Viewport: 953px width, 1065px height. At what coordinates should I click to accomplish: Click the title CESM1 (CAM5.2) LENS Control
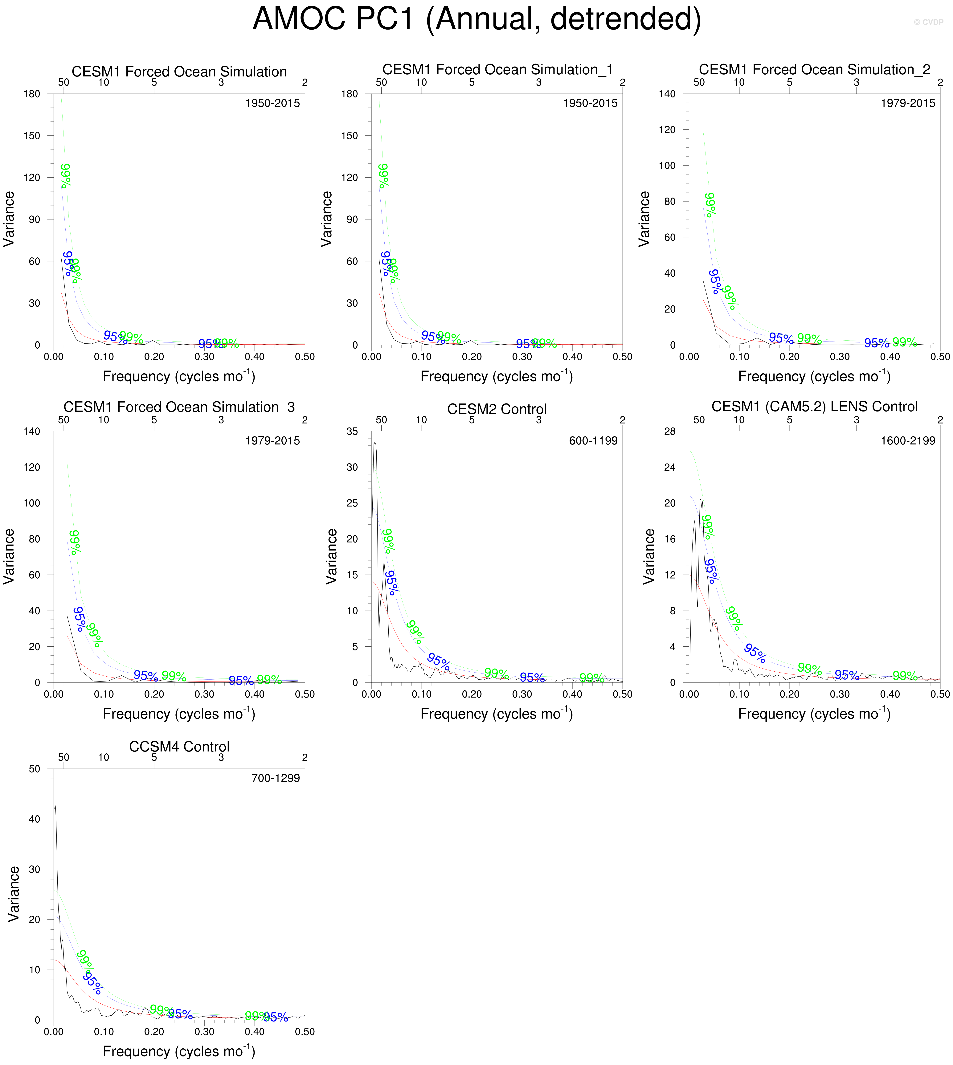pyautogui.click(x=814, y=407)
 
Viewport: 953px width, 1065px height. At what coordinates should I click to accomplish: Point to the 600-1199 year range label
pyautogui.click(x=593, y=441)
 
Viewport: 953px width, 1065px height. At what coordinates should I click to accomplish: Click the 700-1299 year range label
pyautogui.click(x=275, y=778)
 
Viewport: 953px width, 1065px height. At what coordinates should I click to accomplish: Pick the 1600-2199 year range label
pyautogui.click(x=907, y=441)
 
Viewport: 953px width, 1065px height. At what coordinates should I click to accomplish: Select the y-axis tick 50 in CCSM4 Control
pyautogui.click(x=35, y=769)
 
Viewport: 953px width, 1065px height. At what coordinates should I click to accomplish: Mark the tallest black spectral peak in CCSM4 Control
pyautogui.click(x=55, y=806)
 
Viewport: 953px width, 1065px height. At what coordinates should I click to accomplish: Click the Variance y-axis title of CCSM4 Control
pyautogui.click(x=14, y=894)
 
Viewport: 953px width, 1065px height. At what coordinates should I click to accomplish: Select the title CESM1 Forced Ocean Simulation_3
pyautogui.click(x=179, y=407)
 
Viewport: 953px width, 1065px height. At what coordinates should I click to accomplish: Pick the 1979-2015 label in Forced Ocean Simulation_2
pyautogui.click(x=907, y=103)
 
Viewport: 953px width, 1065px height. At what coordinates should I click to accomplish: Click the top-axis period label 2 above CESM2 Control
pyautogui.click(x=622, y=420)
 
